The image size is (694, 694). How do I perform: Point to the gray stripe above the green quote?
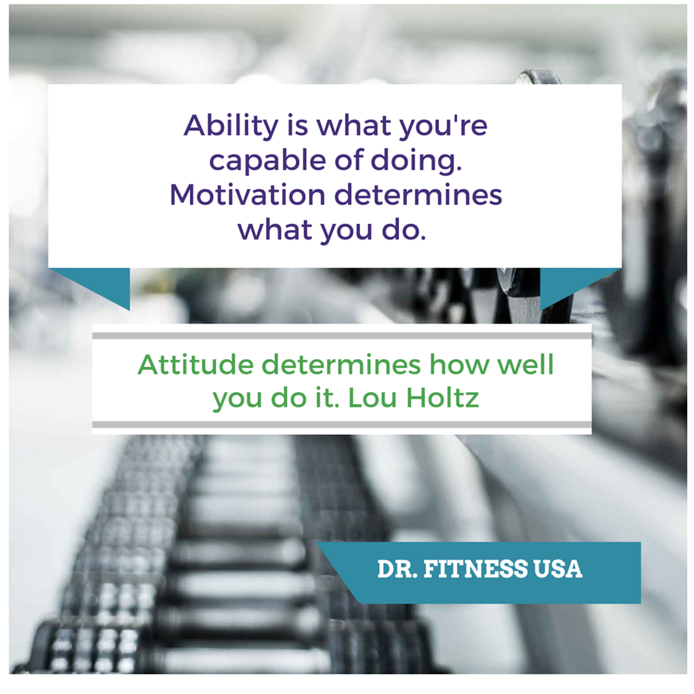tap(342, 334)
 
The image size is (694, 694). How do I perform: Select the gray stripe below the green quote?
tap(342, 424)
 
